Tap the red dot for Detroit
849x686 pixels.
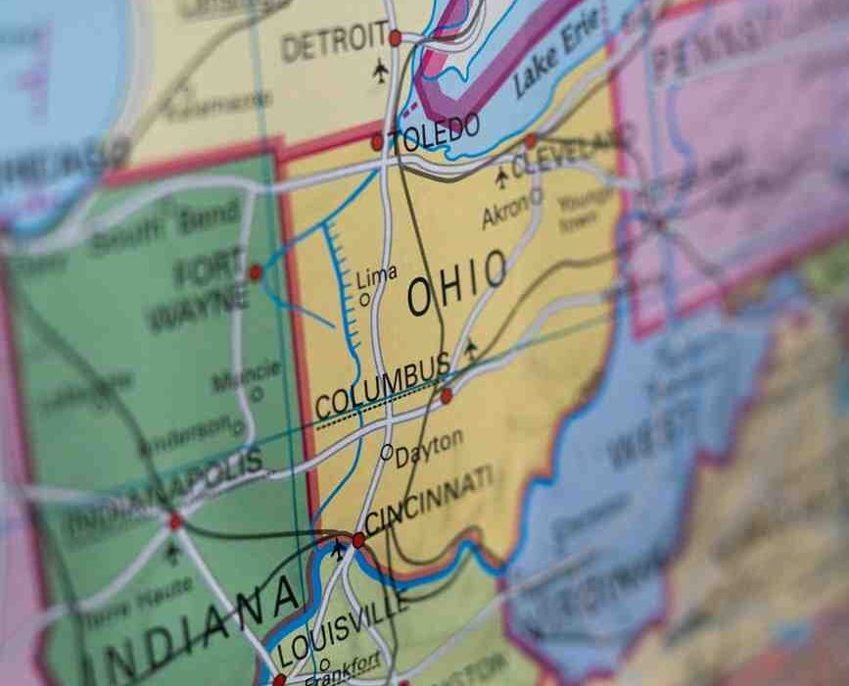pyautogui.click(x=395, y=38)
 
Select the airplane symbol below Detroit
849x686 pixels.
pyautogui.click(x=381, y=70)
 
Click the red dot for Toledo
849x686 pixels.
pyautogui.click(x=377, y=142)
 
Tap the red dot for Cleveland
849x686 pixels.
pyautogui.click(x=531, y=141)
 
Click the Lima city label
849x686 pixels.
pyautogui.click(x=377, y=276)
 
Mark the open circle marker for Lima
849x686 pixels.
pyautogui.click(x=365, y=300)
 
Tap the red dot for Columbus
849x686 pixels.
pyautogui.click(x=447, y=396)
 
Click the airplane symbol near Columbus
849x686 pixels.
pyautogui.click(x=471, y=349)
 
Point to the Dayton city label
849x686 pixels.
pyautogui.click(x=429, y=447)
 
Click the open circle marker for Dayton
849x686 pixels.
pyautogui.click(x=387, y=452)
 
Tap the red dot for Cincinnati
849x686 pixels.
pyautogui.click(x=358, y=540)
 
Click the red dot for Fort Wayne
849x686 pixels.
pyautogui.click(x=256, y=271)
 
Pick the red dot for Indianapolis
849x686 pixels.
pyautogui.click(x=175, y=520)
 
